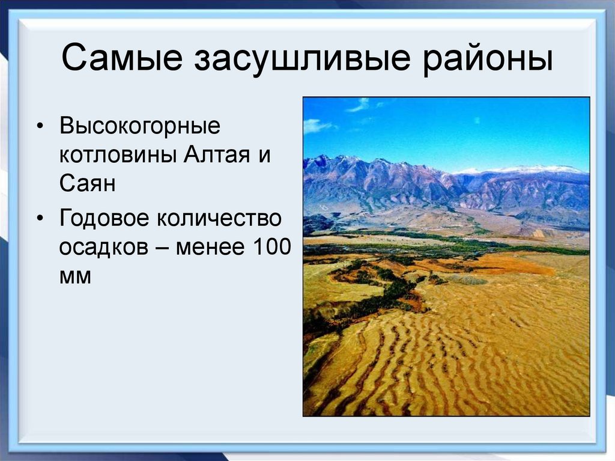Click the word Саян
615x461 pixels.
click(x=87, y=184)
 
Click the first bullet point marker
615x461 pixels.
click(x=40, y=128)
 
